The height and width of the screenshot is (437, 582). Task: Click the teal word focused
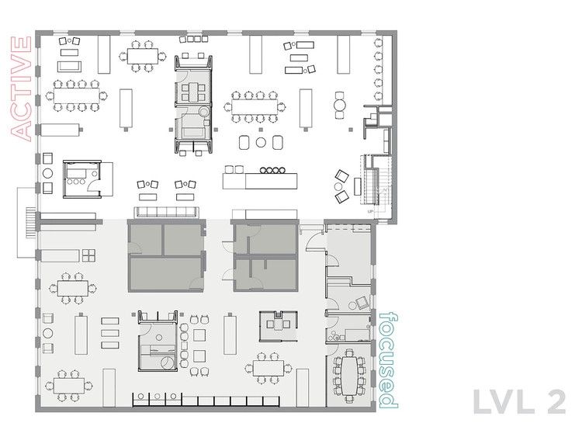point(388,360)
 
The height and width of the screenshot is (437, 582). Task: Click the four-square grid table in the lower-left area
point(88,257)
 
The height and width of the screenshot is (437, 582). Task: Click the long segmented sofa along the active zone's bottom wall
point(165,211)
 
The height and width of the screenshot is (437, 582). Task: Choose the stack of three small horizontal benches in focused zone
point(109,332)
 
